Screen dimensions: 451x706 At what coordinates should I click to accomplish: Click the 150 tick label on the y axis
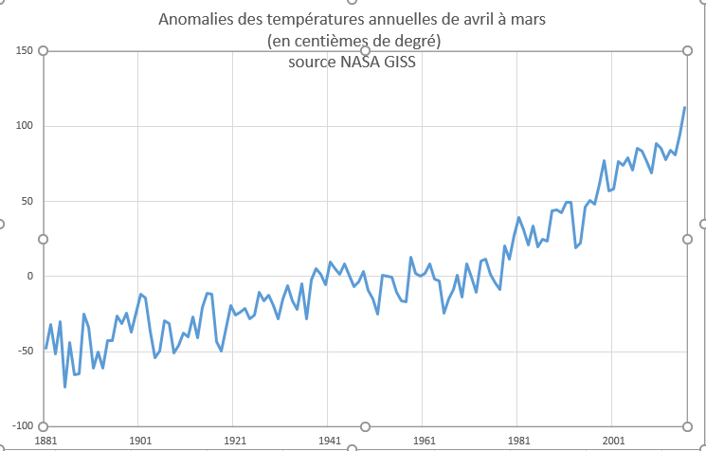tap(25, 50)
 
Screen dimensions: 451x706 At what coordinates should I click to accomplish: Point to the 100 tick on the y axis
tap(25, 126)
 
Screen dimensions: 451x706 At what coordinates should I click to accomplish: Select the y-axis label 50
tap(27, 201)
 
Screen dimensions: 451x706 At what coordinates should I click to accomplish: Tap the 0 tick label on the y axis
tap(30, 277)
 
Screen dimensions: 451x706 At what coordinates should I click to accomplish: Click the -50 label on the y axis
tap(26, 352)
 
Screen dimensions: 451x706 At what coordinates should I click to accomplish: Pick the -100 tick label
tap(23, 426)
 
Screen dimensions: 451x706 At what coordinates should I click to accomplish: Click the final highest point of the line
tap(685, 107)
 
